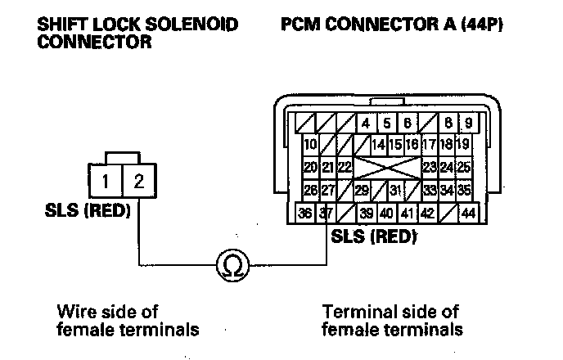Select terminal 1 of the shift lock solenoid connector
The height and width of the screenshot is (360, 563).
coord(106,180)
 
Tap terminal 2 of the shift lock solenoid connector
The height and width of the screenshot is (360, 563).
coord(138,180)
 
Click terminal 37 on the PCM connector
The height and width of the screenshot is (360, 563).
coord(326,214)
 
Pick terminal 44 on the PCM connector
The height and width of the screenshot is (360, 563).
coord(468,214)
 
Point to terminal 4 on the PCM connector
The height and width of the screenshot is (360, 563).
coord(365,124)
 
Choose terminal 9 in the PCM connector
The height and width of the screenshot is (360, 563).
coord(468,124)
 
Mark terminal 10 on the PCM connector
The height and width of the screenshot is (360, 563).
coord(309,145)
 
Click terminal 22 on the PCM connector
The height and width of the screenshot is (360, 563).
coord(345,167)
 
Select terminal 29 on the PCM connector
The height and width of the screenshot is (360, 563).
coord(363,191)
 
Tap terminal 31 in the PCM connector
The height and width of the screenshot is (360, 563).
coord(396,191)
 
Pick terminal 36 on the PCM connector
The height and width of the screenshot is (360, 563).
coord(305,214)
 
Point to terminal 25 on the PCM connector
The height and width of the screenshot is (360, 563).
coord(464,167)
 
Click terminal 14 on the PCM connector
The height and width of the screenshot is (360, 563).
coord(378,145)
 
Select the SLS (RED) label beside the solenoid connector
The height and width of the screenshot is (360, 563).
coord(89,210)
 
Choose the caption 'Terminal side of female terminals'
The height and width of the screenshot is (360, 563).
coord(393,320)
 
